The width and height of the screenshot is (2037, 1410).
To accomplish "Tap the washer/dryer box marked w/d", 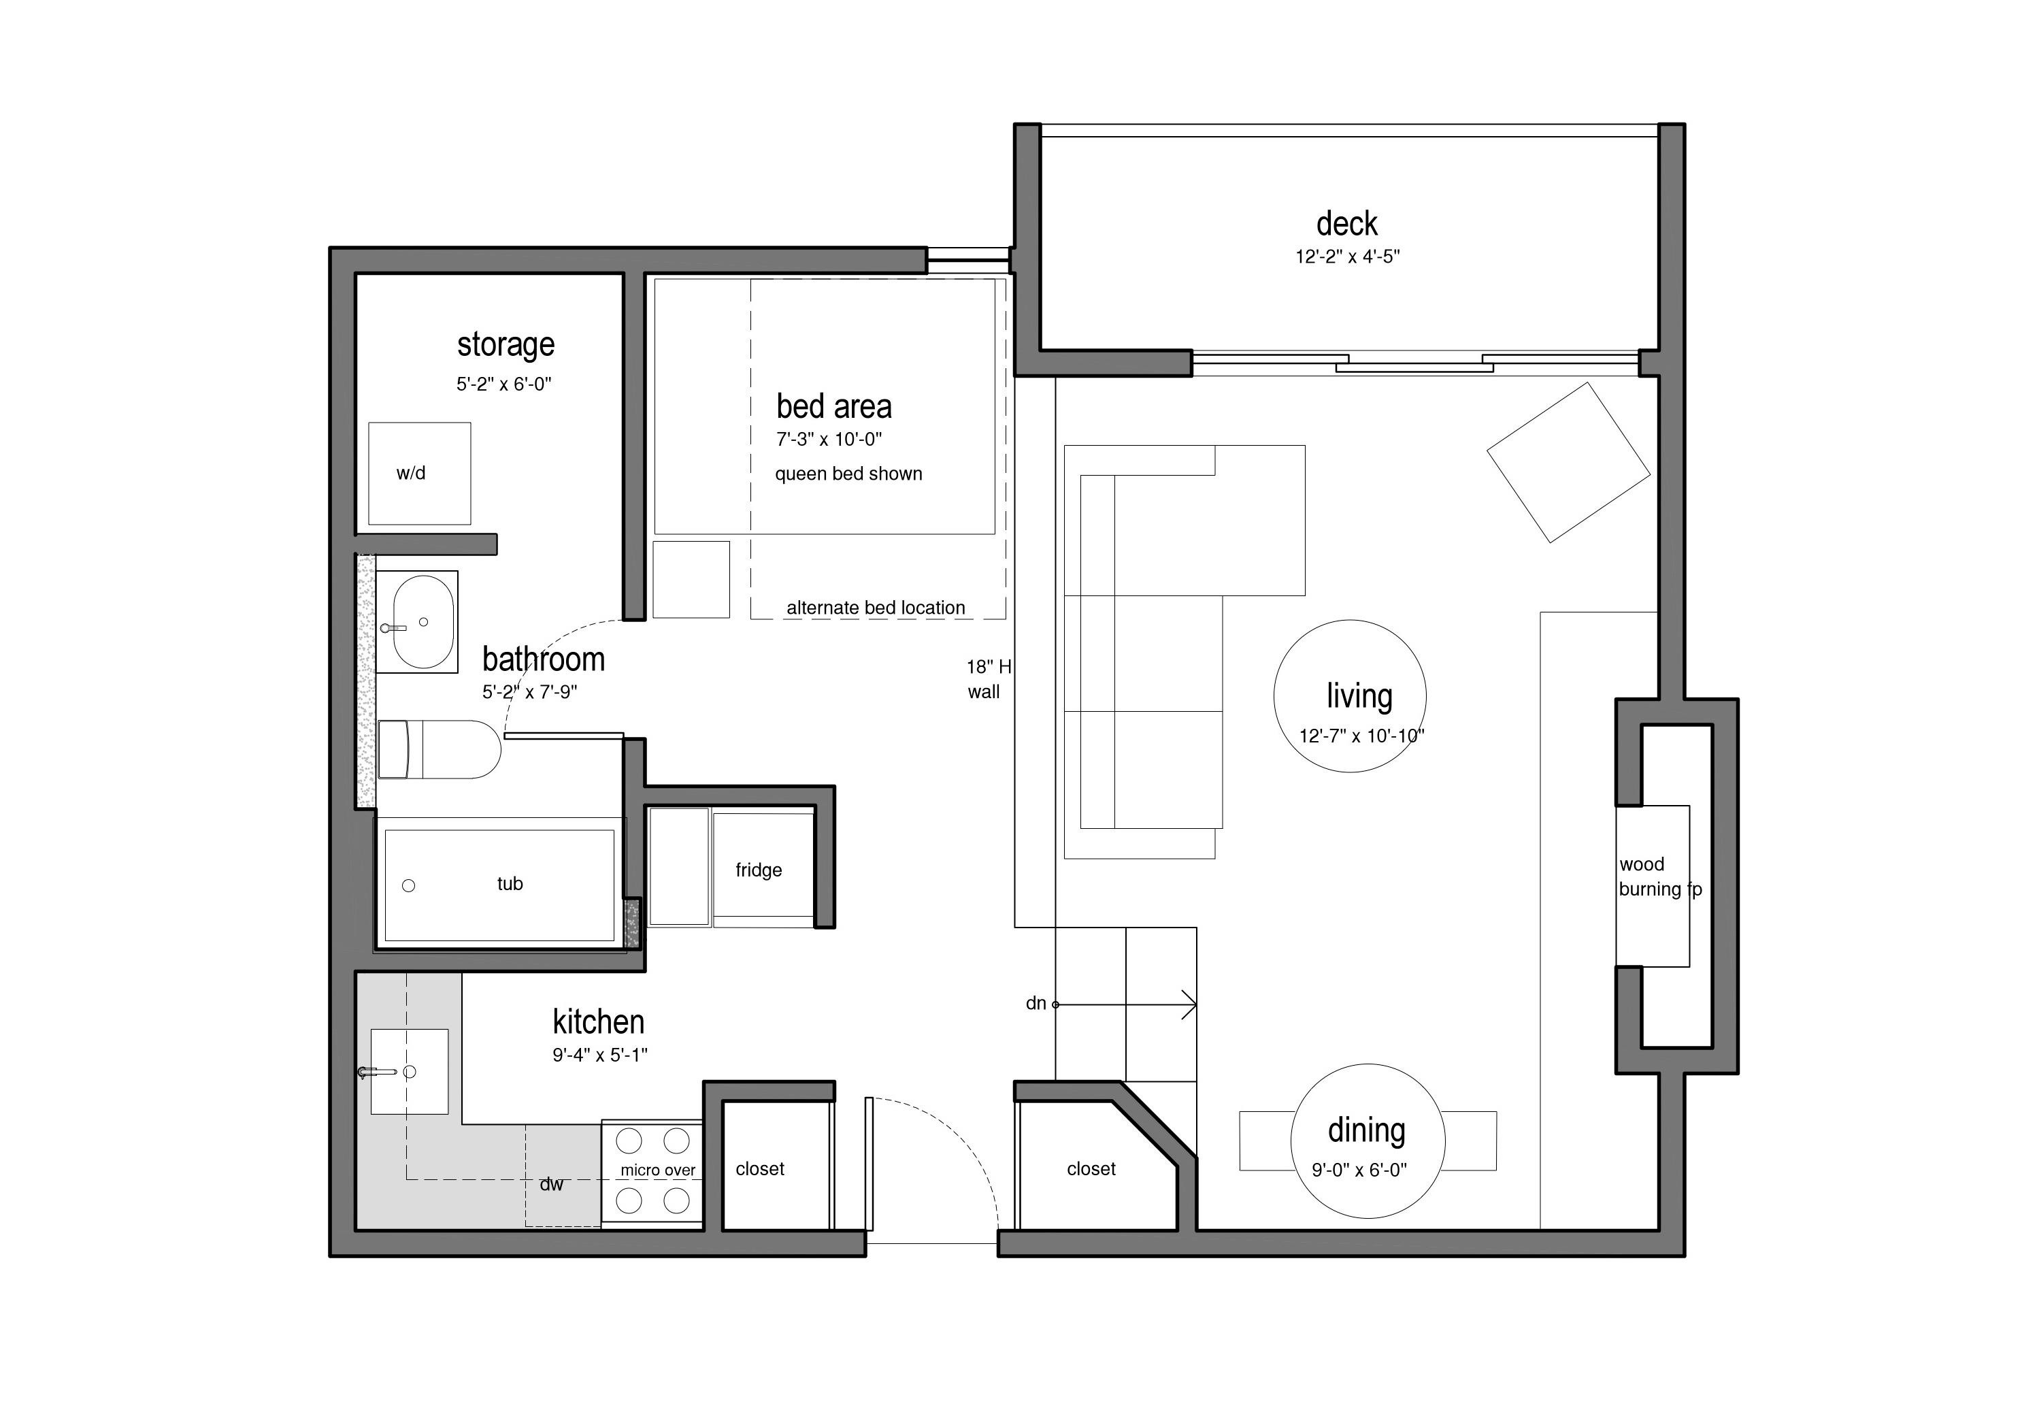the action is coord(420,474).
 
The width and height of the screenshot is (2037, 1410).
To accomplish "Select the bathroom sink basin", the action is coord(424,622).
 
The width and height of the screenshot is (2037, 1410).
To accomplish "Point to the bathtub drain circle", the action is coord(408,885).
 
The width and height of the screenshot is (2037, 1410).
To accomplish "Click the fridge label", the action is coord(759,870).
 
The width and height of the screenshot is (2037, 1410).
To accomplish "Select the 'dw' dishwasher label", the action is coord(551,1185).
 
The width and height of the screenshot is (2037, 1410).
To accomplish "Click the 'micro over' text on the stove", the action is coord(658,1170).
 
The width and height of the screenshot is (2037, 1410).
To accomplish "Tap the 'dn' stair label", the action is coord(1036,1004).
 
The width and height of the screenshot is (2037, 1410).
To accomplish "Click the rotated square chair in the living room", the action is coord(1569,462).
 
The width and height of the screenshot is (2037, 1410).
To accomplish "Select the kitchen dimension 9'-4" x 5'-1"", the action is coord(600,1055).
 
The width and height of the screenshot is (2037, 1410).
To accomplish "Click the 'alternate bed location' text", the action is coord(876,608).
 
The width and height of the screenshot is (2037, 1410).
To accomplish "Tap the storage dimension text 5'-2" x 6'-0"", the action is coord(503,384).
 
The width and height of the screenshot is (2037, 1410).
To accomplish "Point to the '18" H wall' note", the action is coord(988,679).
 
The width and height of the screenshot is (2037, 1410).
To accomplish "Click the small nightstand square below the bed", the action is coord(691,580).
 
